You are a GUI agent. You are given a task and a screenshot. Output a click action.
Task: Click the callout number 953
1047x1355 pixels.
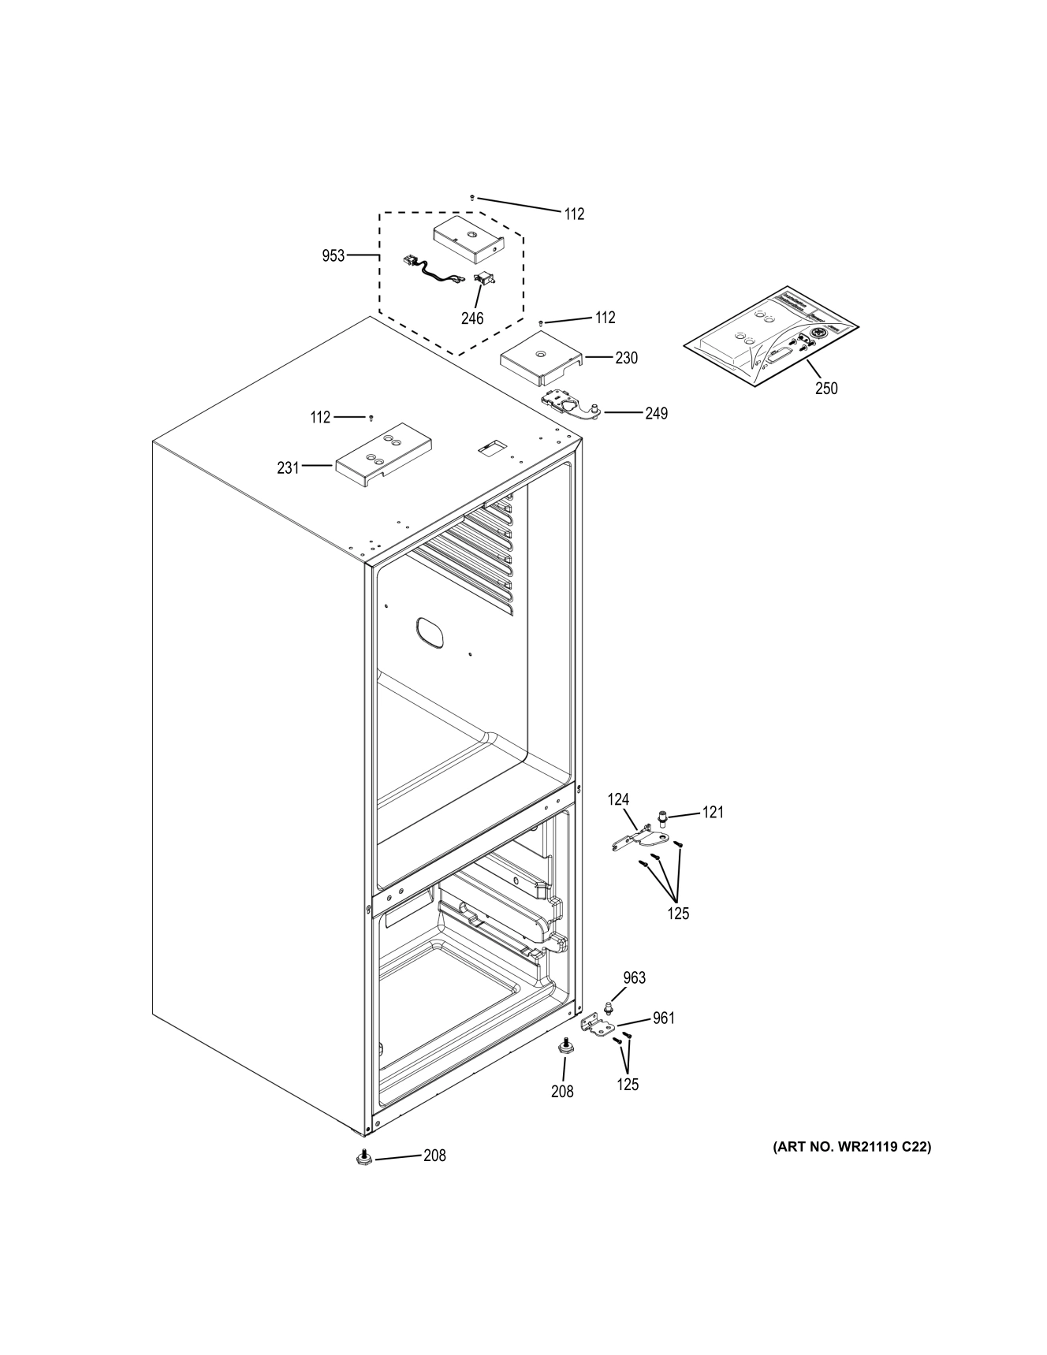tap(333, 255)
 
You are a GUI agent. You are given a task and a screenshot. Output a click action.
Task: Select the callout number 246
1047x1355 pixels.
tap(472, 318)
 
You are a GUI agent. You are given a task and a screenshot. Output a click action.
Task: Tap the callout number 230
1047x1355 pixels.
tap(626, 358)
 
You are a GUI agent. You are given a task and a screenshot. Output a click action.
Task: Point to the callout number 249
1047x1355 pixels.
tap(656, 413)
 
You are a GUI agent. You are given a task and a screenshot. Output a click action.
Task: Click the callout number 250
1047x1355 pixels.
tap(826, 388)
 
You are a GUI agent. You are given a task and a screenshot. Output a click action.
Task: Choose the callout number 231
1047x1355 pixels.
tap(288, 467)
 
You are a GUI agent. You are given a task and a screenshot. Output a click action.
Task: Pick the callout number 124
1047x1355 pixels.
tap(618, 800)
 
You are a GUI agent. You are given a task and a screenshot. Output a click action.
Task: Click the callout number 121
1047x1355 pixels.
tap(713, 812)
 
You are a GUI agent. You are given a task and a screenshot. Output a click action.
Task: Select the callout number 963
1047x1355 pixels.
tap(634, 977)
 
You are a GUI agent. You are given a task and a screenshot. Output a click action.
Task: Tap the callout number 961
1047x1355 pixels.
tap(664, 1018)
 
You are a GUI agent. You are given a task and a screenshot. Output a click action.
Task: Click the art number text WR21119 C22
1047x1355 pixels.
tap(852, 1147)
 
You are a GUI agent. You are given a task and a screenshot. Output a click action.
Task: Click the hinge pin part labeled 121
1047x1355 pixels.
tap(663, 822)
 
